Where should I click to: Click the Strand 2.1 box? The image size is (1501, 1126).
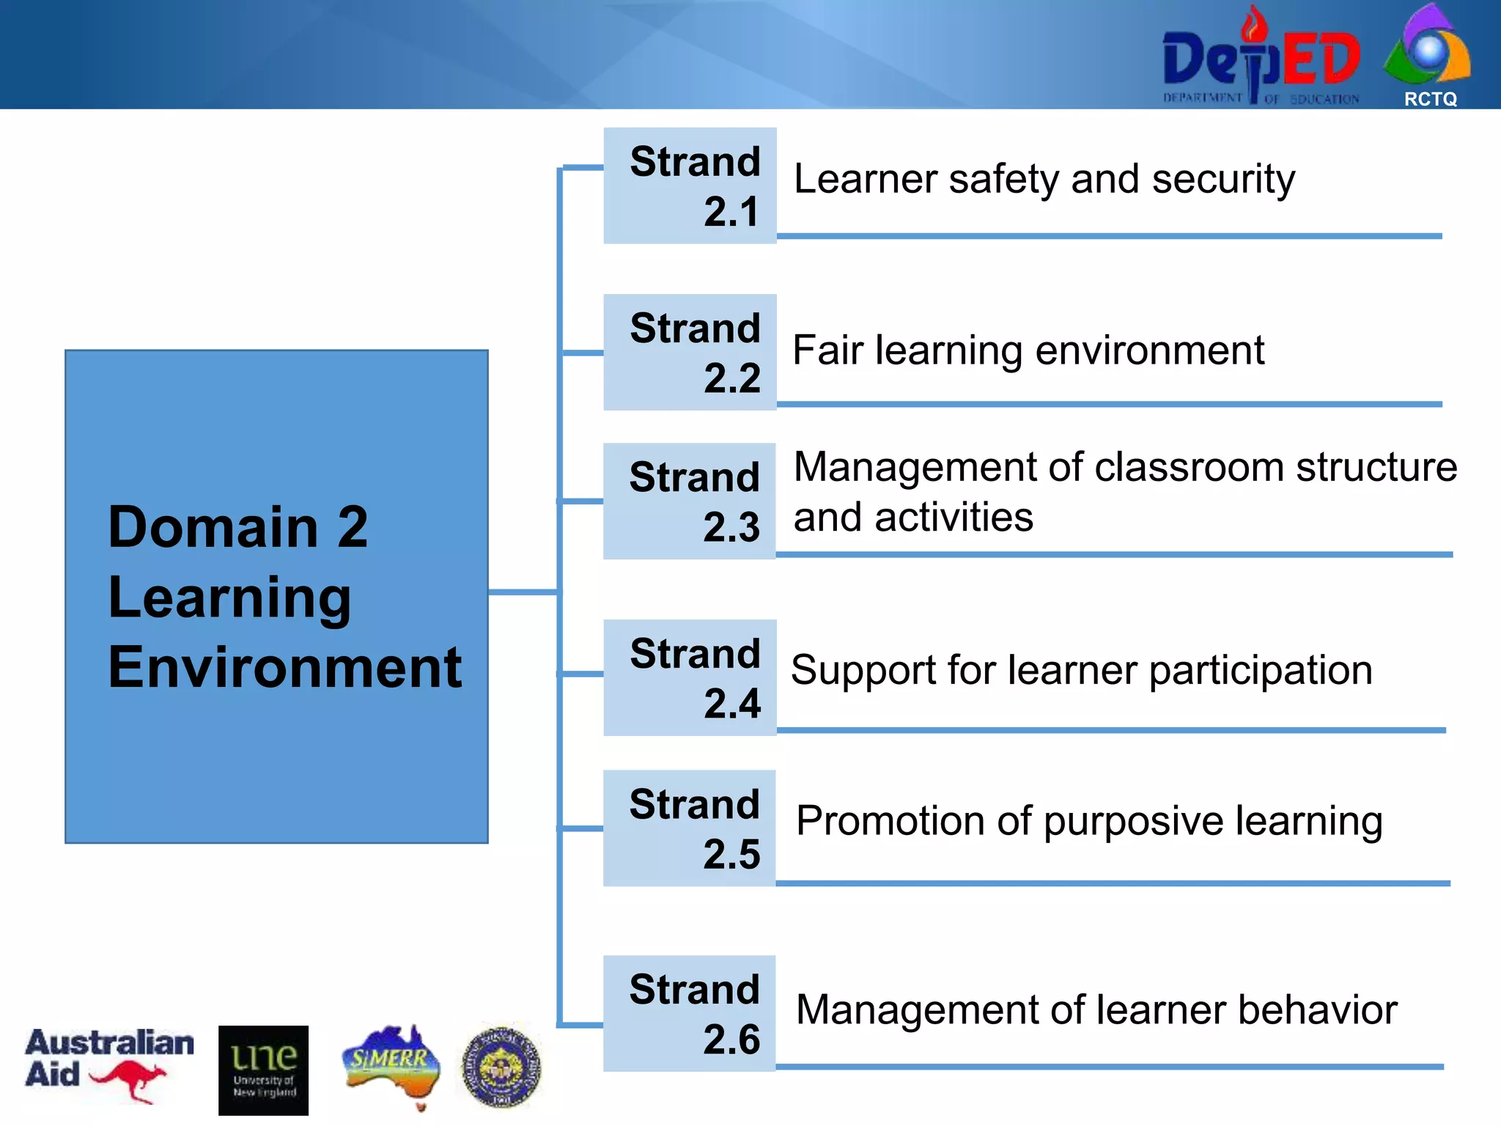[x=690, y=185]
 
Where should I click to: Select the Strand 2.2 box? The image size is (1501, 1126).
[x=690, y=352]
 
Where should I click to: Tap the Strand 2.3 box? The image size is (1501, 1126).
[x=689, y=501]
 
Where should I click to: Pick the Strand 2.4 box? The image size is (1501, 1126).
[x=690, y=677]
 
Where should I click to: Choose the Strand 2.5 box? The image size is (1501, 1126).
[x=689, y=828]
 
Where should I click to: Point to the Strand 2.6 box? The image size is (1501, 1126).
[x=689, y=1013]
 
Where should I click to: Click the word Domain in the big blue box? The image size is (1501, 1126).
[x=213, y=527]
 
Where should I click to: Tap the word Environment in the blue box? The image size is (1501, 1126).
[x=284, y=667]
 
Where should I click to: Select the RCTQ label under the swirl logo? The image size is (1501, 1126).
[x=1430, y=99]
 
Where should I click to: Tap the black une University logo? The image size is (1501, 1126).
[x=263, y=1070]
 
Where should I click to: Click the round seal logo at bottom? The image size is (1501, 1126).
[x=501, y=1067]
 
